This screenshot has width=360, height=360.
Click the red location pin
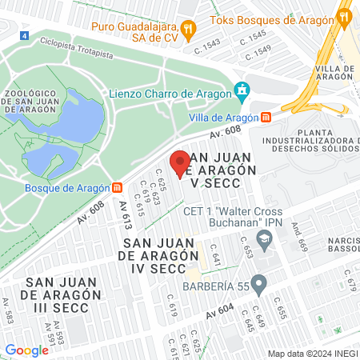tap(179, 163)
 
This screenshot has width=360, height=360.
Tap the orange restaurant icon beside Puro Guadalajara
tap(188, 28)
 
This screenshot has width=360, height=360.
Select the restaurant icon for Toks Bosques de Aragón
tap(344, 15)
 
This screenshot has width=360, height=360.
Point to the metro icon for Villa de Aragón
tap(266, 116)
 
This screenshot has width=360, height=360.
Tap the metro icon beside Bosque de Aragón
tap(118, 188)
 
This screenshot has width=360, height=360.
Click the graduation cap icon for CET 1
tap(263, 238)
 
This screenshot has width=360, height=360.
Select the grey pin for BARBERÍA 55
tap(258, 283)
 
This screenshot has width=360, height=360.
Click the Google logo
tap(26, 350)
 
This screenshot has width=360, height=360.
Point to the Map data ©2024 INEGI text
tap(312, 353)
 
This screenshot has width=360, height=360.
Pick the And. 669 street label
tap(300, 238)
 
